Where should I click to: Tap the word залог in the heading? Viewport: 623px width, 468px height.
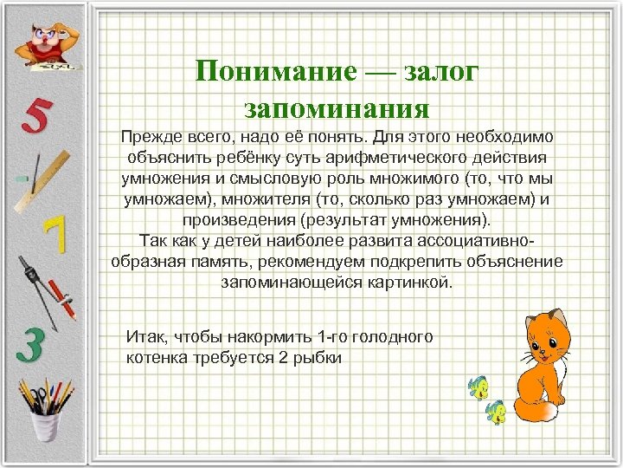(438, 71)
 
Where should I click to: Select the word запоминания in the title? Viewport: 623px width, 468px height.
(337, 108)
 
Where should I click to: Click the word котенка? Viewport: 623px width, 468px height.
(157, 356)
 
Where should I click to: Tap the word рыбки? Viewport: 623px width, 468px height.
(316, 356)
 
